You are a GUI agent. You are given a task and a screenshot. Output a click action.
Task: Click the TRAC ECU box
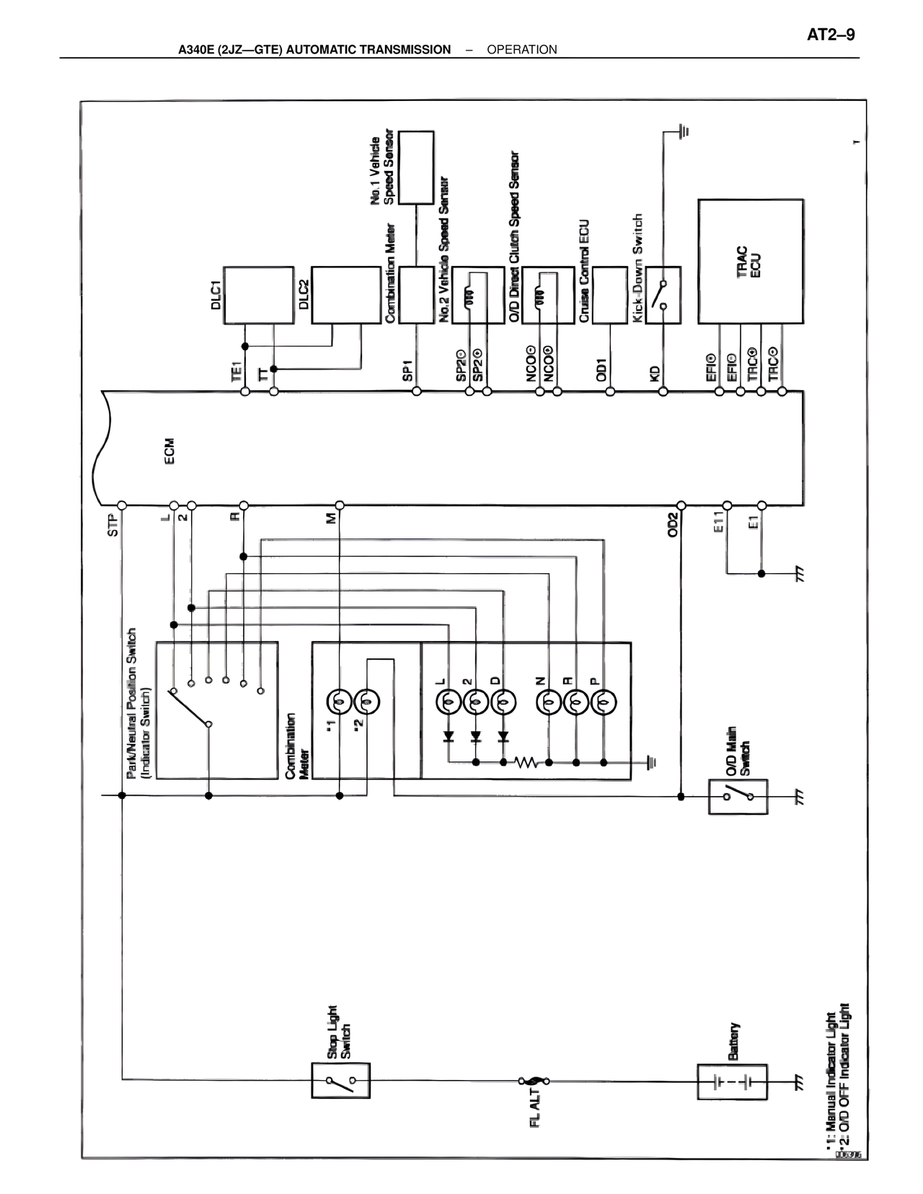(750, 261)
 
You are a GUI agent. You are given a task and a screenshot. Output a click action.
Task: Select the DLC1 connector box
(259, 296)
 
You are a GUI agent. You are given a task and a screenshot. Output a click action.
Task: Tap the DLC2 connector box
(345, 296)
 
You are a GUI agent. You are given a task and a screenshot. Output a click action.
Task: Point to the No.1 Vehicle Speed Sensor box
(416, 167)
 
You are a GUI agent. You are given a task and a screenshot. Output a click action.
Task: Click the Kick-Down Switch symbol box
(663, 295)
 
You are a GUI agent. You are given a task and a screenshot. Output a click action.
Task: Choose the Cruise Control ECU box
(609, 295)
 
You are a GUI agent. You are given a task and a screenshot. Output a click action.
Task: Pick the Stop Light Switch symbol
(340, 1081)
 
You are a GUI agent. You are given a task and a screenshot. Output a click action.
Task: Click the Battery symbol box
(731, 1082)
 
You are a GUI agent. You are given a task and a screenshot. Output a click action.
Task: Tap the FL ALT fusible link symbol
(533, 1081)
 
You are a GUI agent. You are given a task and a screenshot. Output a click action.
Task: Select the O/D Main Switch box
(738, 796)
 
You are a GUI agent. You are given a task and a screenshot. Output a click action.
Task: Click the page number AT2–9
(830, 35)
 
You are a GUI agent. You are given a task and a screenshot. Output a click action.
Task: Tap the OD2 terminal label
(673, 525)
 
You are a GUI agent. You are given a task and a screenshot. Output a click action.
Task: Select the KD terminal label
(655, 373)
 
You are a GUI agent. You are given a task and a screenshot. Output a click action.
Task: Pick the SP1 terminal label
(408, 370)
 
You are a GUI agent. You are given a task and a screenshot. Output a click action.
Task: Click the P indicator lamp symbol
(604, 700)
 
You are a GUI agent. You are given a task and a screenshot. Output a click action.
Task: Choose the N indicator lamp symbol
(549, 700)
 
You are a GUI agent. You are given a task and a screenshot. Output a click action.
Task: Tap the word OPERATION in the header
(521, 50)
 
